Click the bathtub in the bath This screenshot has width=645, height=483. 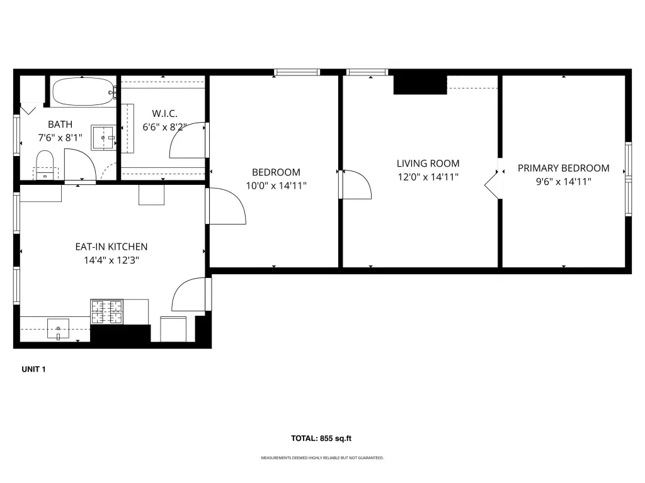click(x=84, y=92)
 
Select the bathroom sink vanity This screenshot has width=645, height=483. click(x=103, y=138)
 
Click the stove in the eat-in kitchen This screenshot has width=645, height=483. click(x=106, y=312)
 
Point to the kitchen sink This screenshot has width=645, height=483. click(x=58, y=328)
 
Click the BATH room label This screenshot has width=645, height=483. click(x=60, y=124)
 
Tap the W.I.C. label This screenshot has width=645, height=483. click(x=164, y=113)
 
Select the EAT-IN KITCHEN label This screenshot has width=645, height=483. click(x=111, y=247)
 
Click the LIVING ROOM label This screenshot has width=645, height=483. click(x=428, y=163)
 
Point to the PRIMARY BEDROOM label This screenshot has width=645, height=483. click(x=564, y=168)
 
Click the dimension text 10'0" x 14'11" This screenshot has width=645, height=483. click(x=276, y=186)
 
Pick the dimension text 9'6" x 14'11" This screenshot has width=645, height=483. click(x=564, y=182)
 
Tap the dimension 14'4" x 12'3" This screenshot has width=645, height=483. click(x=111, y=260)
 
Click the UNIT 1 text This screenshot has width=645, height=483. click(x=33, y=369)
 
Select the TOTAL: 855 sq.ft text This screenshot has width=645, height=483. click(x=321, y=438)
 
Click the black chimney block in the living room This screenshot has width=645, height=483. click(x=420, y=84)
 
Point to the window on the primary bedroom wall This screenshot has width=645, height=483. click(x=628, y=179)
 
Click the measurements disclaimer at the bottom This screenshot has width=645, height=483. click(x=322, y=458)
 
